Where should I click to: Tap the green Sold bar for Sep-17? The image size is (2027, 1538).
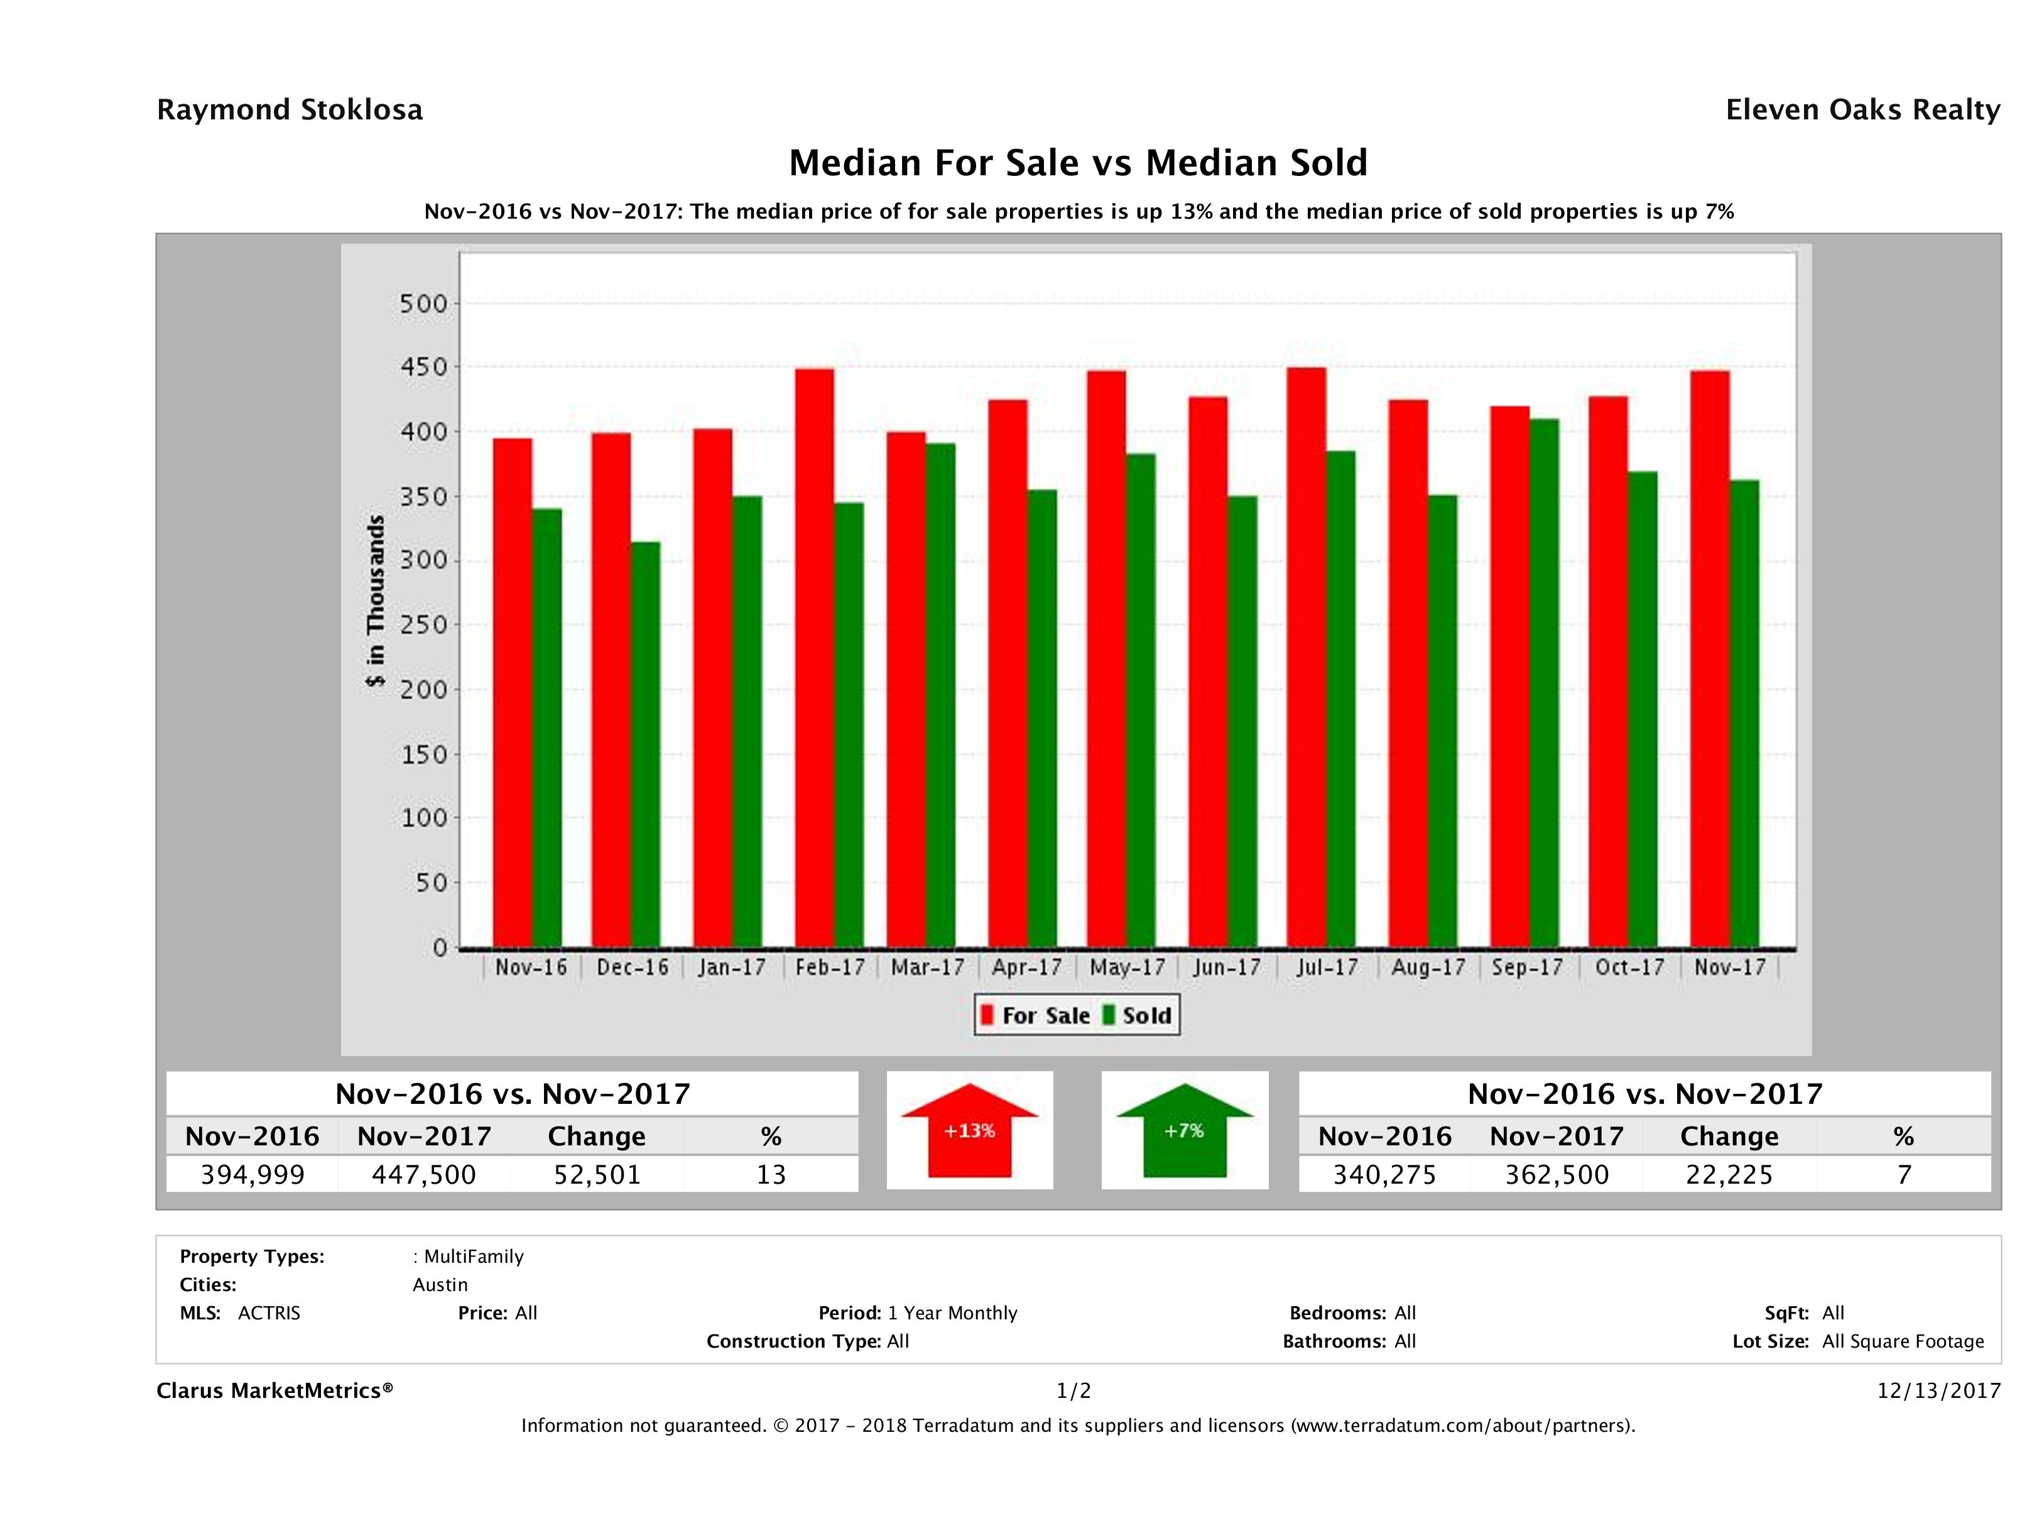[x=1544, y=683]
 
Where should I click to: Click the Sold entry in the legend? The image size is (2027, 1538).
[x=1137, y=1015]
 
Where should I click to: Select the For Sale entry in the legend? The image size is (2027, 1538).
[x=1036, y=1015]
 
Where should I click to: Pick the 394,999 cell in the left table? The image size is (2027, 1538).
[x=253, y=1174]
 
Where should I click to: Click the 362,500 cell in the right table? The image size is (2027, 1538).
[x=1557, y=1174]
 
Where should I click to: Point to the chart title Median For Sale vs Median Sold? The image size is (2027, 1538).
[x=1078, y=163]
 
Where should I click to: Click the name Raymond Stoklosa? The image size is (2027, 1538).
[x=290, y=110]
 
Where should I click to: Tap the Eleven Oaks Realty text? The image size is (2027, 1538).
[x=1862, y=110]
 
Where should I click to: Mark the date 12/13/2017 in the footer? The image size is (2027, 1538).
[x=1938, y=1390]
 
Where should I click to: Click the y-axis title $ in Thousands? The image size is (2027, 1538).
[x=376, y=601]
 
